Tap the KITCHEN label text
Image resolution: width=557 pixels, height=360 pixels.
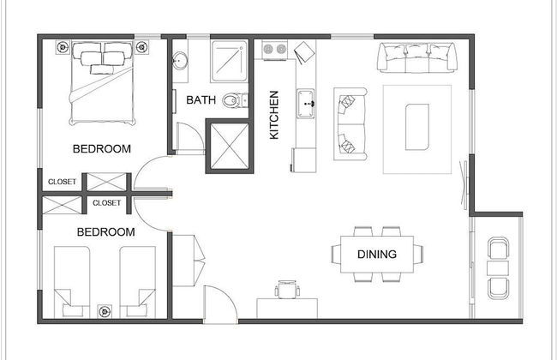pyautogui.click(x=274, y=115)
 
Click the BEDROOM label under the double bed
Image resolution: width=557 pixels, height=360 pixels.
pyautogui.click(x=102, y=148)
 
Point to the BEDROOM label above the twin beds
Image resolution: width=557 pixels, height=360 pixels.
pyautogui.click(x=106, y=231)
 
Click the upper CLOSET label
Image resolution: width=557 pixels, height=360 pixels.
pyautogui.click(x=63, y=182)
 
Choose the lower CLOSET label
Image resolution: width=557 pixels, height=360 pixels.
pyautogui.click(x=107, y=203)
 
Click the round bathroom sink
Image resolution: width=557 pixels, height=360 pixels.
pyautogui.click(x=180, y=61)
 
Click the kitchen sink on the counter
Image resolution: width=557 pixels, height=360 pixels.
pyautogui.click(x=306, y=107)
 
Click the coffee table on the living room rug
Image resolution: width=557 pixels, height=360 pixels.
pyautogui.click(x=417, y=118)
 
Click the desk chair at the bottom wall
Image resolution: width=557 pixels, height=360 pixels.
pyautogui.click(x=286, y=289)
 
